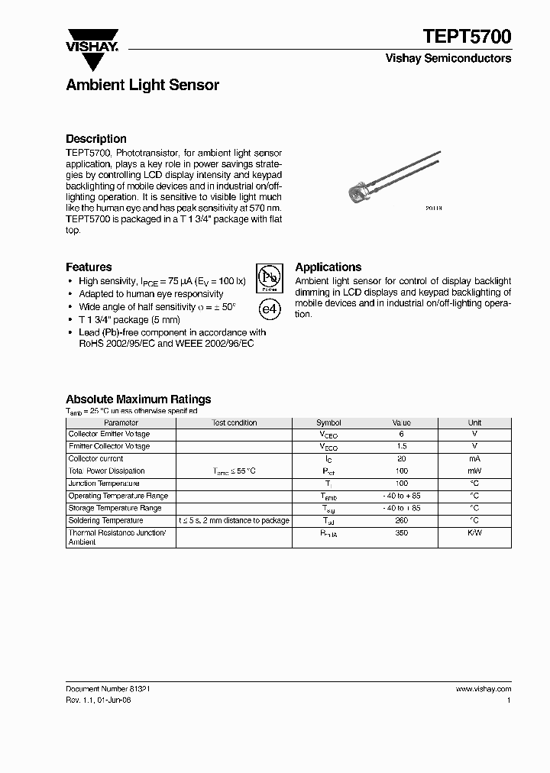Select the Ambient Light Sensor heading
[x=142, y=85]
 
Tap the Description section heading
[x=96, y=138]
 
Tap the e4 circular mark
[x=268, y=309]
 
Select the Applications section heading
[x=328, y=267]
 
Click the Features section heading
[x=89, y=267]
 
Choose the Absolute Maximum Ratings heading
[x=138, y=399]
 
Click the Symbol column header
[x=328, y=422]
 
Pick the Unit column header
[x=474, y=422]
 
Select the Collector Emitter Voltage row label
[x=109, y=434]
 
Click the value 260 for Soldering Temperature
[x=401, y=520]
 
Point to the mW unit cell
[x=474, y=471]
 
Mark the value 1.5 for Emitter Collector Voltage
[x=401, y=446]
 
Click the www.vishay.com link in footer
[x=483, y=688]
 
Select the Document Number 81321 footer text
[x=108, y=688]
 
